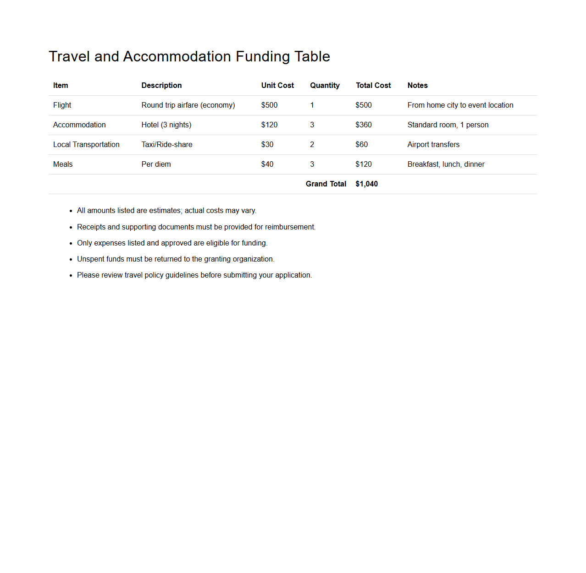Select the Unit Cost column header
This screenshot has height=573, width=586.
[x=277, y=86]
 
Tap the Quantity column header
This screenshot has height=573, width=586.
[x=325, y=86]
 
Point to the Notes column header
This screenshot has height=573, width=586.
[x=417, y=86]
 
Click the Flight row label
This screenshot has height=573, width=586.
[x=62, y=105]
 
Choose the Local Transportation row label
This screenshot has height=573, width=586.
[x=86, y=145]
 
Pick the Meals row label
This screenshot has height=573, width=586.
[x=63, y=164]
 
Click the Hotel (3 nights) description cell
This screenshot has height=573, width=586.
[x=166, y=125]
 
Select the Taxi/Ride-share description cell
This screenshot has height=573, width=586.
[x=167, y=145]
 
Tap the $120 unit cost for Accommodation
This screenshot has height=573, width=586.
[x=269, y=125]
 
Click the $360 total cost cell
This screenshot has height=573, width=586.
[x=364, y=125]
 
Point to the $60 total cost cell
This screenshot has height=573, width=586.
[x=362, y=145]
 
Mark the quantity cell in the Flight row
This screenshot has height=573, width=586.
[x=312, y=105]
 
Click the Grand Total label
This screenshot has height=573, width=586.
[x=326, y=184]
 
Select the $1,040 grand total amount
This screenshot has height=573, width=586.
[x=367, y=184]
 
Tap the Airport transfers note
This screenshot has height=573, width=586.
[x=433, y=145]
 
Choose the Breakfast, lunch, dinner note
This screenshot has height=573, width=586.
[x=446, y=164]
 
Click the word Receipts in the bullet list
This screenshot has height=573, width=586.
[x=91, y=227]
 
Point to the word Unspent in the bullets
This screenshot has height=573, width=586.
[x=91, y=259]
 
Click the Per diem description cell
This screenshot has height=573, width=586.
[x=156, y=164]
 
